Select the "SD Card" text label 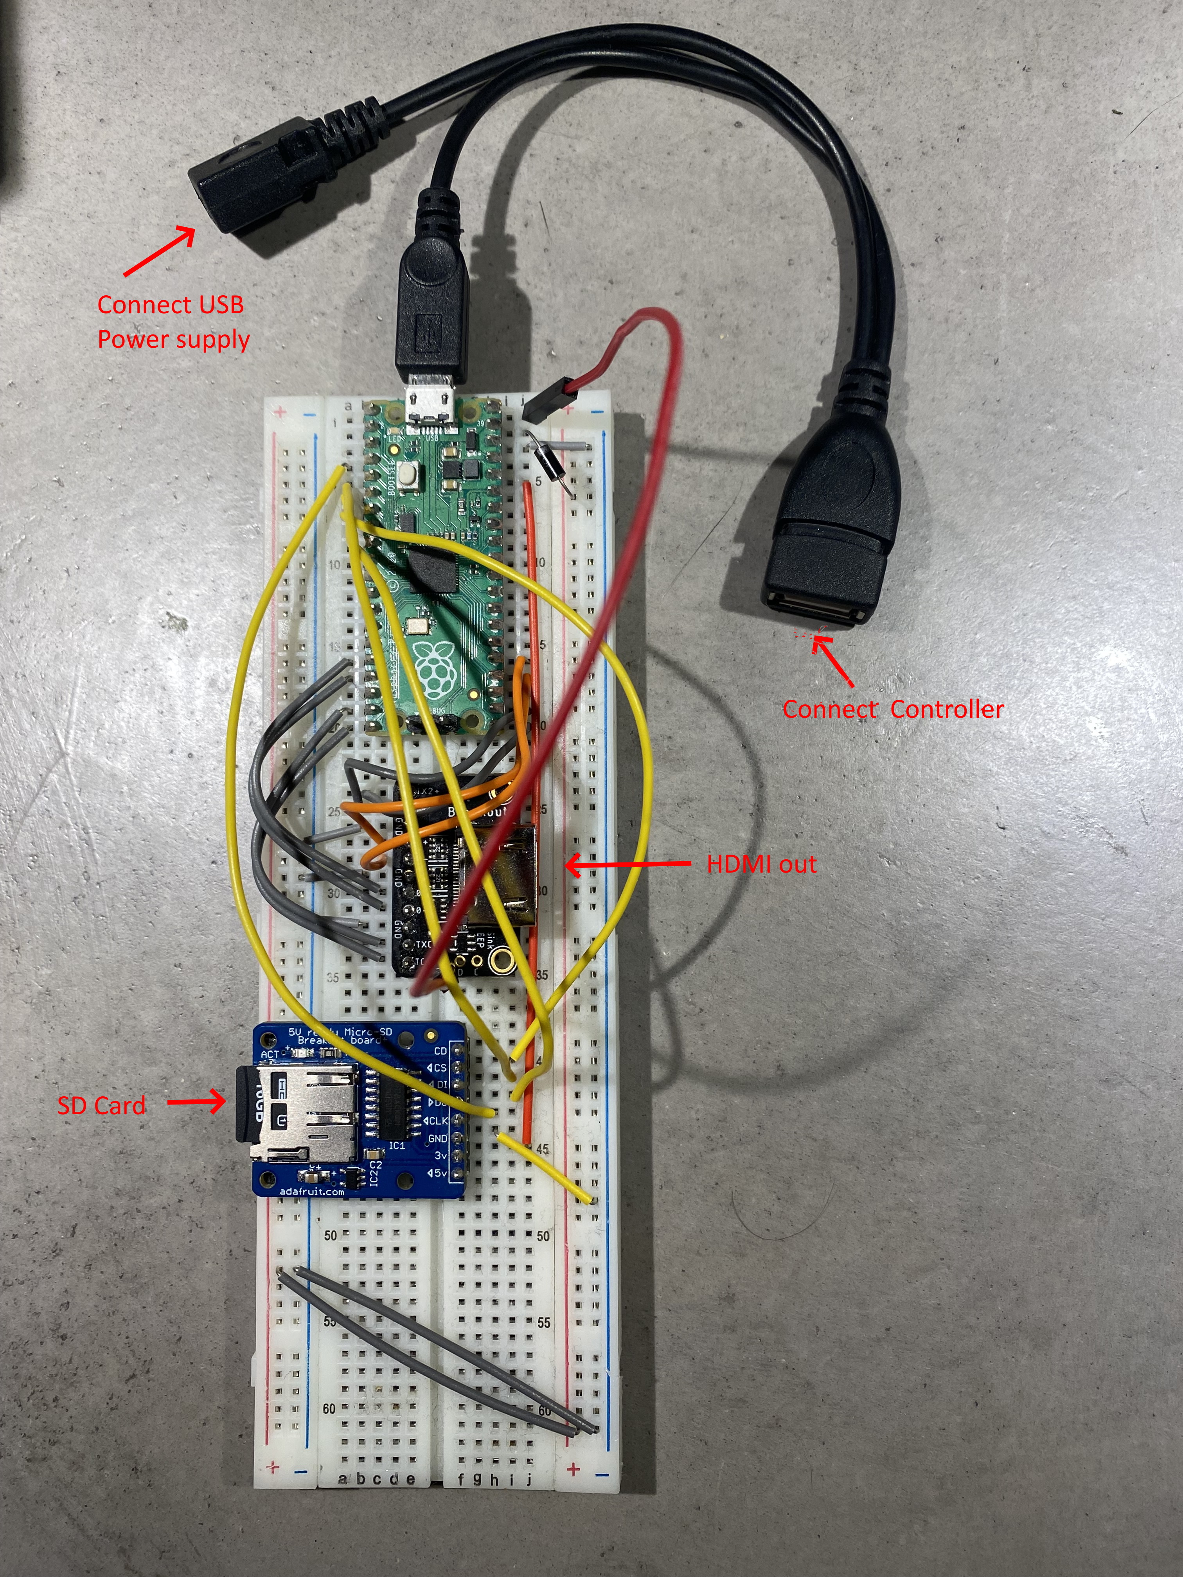coord(101,1106)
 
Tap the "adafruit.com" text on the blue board coord(312,1191)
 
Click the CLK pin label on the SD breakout coord(437,1121)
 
